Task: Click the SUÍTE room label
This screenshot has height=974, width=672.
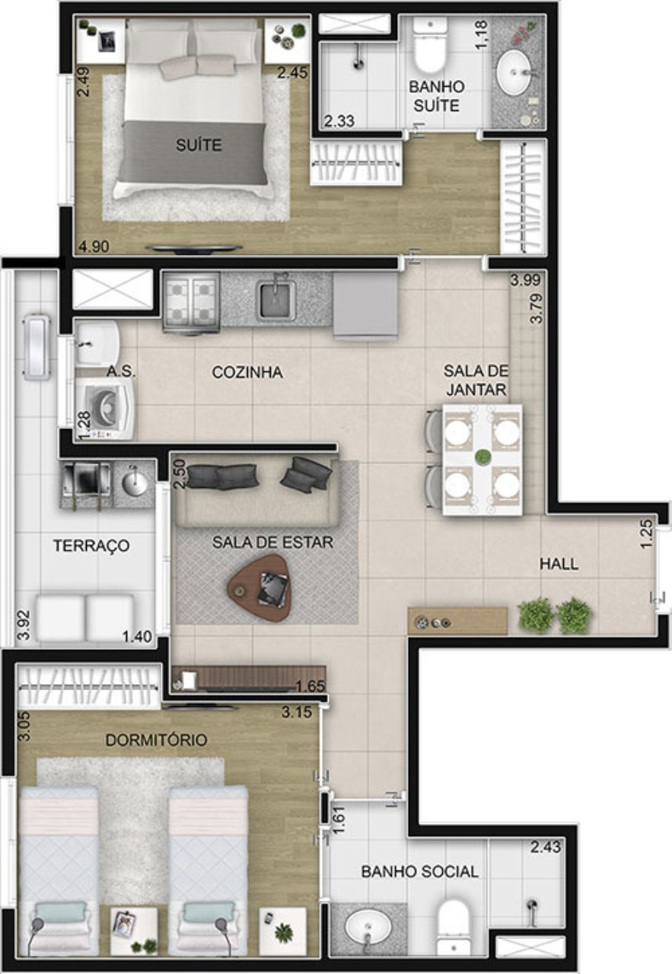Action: click(x=200, y=144)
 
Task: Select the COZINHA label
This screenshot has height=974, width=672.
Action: click(x=247, y=372)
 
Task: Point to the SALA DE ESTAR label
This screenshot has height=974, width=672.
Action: click(x=272, y=542)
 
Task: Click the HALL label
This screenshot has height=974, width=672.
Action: click(x=559, y=564)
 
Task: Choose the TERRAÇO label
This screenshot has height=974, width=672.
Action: click(x=91, y=546)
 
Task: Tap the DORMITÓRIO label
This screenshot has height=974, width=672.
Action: click(x=156, y=740)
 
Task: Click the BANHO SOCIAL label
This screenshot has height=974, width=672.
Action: click(x=419, y=871)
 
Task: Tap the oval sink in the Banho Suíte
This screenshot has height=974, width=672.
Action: click(x=518, y=73)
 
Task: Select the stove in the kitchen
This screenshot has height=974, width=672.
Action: click(x=191, y=302)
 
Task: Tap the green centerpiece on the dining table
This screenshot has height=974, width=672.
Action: click(x=483, y=457)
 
